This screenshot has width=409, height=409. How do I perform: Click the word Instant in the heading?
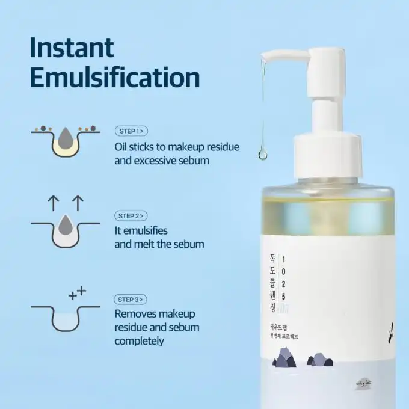pyautogui.click(x=72, y=48)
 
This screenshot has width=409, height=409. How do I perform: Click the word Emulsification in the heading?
pyautogui.click(x=115, y=78)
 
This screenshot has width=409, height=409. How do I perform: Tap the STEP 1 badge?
pyautogui.click(x=131, y=130)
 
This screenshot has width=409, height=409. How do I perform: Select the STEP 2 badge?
pyautogui.click(x=131, y=215)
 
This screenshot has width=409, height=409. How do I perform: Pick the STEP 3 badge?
pyautogui.click(x=131, y=299)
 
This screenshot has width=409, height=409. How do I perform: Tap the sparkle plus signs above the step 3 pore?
pyautogui.click(x=78, y=293)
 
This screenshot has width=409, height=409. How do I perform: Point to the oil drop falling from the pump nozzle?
pyautogui.click(x=262, y=153)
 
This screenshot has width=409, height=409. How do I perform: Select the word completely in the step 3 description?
pyautogui.click(x=139, y=341)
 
